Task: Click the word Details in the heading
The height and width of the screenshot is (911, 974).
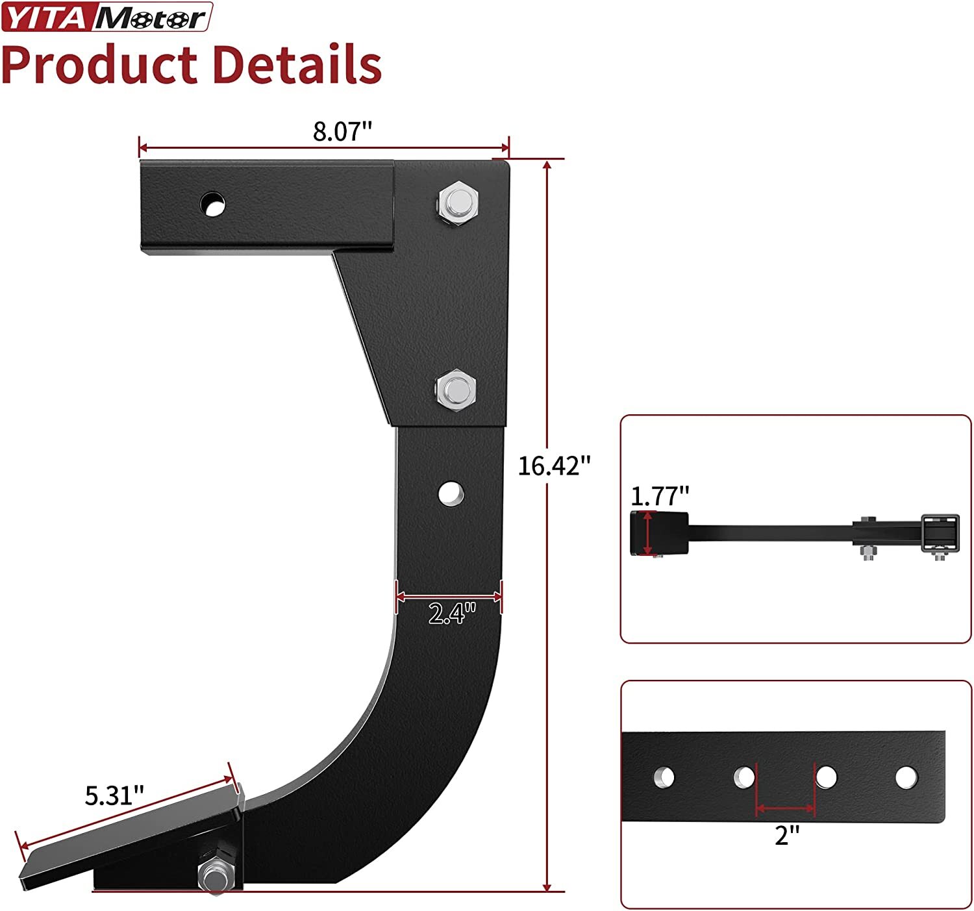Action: pos(297,65)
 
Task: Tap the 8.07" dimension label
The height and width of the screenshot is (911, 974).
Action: pos(342,132)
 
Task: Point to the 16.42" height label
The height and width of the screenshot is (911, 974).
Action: pos(554,466)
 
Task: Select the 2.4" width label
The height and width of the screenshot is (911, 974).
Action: pos(452,614)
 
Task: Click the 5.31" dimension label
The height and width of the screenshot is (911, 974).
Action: pos(114,795)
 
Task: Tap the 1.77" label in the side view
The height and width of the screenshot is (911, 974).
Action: pos(659,496)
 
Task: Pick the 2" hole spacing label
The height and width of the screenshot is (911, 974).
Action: pos(786,835)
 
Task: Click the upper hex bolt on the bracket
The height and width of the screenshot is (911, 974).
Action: pos(458,204)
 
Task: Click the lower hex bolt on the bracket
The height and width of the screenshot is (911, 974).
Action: pos(456,390)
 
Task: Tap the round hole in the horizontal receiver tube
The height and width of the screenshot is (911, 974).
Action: pos(212,205)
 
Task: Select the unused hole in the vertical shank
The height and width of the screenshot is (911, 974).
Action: pos(450,493)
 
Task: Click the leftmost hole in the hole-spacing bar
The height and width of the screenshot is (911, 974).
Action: pos(664,777)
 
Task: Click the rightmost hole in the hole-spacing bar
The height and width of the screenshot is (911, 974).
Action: pos(906,777)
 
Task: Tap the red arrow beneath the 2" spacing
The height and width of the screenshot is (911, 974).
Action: pos(786,809)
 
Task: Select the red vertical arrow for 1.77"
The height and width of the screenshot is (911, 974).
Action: pos(647,533)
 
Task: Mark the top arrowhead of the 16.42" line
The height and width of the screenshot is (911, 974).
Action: pos(547,164)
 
